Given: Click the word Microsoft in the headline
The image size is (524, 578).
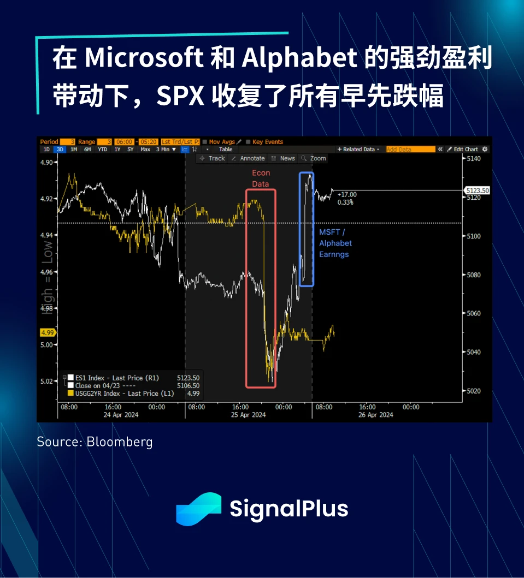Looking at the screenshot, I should (x=144, y=58).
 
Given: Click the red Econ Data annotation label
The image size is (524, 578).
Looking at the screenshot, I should (x=261, y=178).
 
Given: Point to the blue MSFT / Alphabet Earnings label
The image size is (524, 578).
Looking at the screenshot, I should (x=335, y=243).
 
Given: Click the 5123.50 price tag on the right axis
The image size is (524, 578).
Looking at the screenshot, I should (x=478, y=190).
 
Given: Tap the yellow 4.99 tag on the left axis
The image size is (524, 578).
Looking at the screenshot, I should (x=47, y=332).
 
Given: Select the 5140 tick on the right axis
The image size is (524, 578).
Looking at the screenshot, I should (x=473, y=158).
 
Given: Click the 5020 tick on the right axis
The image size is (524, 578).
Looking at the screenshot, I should (x=473, y=391).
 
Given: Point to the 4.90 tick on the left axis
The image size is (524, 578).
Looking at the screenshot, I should (x=46, y=163).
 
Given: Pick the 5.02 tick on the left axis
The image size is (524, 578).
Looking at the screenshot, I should (x=46, y=381).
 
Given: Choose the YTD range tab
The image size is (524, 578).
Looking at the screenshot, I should (x=102, y=149).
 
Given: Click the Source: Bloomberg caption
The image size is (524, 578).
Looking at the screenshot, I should (x=95, y=442).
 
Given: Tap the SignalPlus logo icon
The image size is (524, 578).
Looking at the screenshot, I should (x=198, y=509).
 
